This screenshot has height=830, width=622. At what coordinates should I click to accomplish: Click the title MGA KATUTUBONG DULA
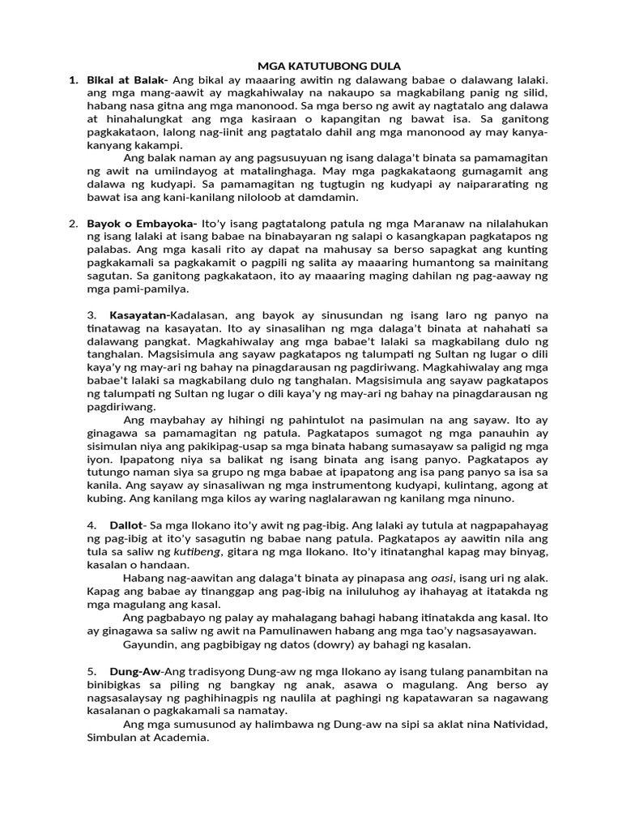(x=312, y=66)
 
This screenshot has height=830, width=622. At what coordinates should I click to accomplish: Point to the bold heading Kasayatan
(x=138, y=314)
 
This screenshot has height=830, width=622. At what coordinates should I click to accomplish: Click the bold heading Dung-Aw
(x=134, y=671)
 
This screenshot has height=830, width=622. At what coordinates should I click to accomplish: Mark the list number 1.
(x=73, y=80)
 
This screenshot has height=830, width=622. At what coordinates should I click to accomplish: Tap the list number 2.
(x=73, y=223)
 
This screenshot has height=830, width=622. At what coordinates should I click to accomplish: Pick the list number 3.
(x=92, y=314)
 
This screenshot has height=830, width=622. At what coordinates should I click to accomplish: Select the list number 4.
(x=92, y=525)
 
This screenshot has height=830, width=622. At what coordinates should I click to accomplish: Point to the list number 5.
(x=92, y=671)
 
